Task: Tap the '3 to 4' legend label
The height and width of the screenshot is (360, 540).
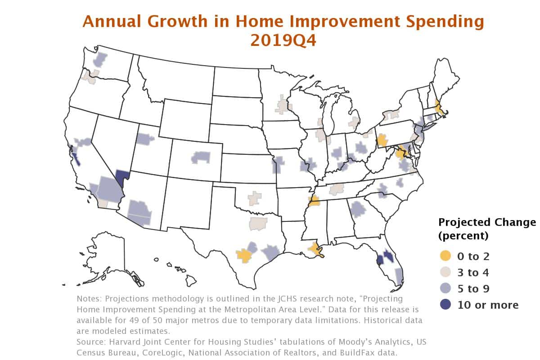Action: (x=473, y=272)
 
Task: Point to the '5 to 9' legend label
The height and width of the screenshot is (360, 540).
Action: (x=473, y=288)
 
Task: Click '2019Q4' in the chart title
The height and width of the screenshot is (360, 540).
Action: (x=283, y=40)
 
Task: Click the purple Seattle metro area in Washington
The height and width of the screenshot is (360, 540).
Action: (x=100, y=59)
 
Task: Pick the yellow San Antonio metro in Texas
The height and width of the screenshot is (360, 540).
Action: (x=244, y=256)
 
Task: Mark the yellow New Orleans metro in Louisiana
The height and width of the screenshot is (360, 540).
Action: (x=316, y=250)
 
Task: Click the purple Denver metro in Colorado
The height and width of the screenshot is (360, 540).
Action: (x=201, y=157)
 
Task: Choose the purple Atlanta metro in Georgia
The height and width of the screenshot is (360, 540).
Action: (x=358, y=209)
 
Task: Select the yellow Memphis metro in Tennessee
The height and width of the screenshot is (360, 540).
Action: (x=314, y=200)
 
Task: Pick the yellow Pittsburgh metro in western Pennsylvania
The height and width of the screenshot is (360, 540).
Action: (x=382, y=141)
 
